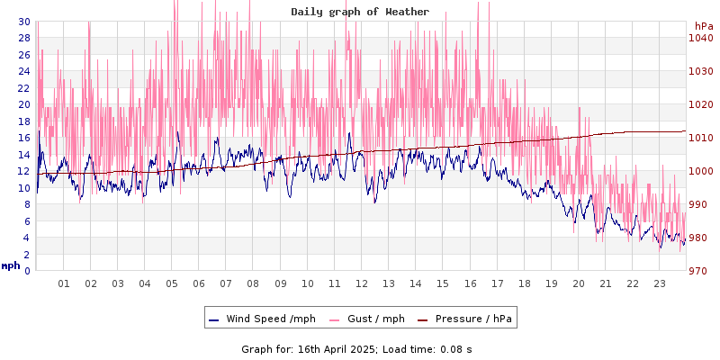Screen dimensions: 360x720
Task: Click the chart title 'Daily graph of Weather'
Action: point(360,12)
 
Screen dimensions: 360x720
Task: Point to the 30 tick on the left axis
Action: point(23,22)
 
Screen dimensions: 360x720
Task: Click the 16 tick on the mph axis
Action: point(23,138)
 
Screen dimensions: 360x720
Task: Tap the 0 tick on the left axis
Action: point(27,271)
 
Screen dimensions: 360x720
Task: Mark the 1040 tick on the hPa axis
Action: point(702,38)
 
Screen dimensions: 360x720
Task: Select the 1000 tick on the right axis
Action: point(702,171)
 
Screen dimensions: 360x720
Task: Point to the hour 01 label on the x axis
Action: point(64,283)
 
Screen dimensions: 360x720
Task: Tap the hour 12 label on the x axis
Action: point(362,283)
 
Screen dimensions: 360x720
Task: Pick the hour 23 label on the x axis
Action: point(660,283)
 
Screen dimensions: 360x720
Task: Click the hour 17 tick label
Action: point(497,283)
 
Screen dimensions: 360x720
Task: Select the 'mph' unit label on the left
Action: point(11,265)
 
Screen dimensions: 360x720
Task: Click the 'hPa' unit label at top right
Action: point(704,26)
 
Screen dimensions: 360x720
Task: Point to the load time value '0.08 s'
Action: point(454,348)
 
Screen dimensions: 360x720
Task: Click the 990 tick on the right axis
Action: point(702,204)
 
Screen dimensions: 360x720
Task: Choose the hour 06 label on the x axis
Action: point(199,283)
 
